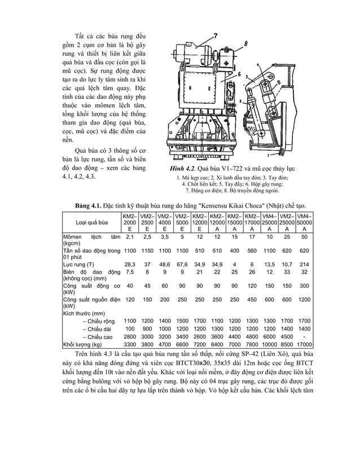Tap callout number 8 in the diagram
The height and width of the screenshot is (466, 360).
247,43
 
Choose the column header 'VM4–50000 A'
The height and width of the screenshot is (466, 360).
305,223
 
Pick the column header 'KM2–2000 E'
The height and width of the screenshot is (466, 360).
130,223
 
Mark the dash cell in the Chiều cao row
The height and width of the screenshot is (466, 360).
305,337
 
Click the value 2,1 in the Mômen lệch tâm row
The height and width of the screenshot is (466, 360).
130,238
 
